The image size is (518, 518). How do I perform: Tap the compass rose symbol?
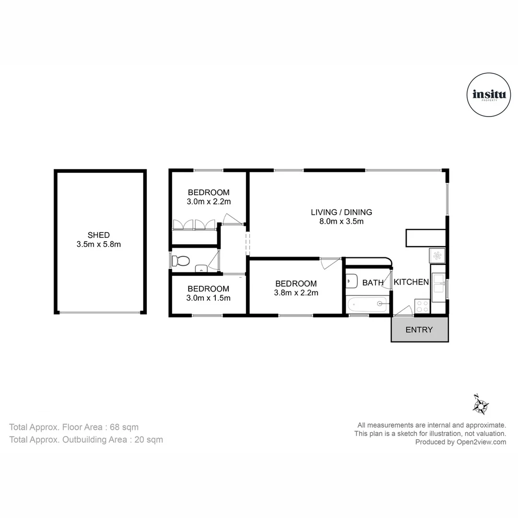tap(480, 405)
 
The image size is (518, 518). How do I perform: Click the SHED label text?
tap(99, 235)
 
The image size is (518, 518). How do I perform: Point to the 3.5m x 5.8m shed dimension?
tap(99, 245)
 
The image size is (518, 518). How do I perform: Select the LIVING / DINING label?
tap(341, 212)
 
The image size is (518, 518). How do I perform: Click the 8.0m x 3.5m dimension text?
tap(341, 222)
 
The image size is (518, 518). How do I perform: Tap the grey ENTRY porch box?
tap(419, 330)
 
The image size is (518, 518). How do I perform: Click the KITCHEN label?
tap(411, 282)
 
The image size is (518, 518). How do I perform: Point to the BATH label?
tap(373, 283)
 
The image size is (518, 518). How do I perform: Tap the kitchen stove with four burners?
tap(422, 306)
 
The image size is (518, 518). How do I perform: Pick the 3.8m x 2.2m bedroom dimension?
tap(296, 293)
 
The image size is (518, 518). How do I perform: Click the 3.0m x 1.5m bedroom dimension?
tap(209, 298)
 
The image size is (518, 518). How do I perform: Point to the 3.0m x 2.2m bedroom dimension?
tap(209, 202)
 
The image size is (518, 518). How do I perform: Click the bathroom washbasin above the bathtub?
tap(351, 279)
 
